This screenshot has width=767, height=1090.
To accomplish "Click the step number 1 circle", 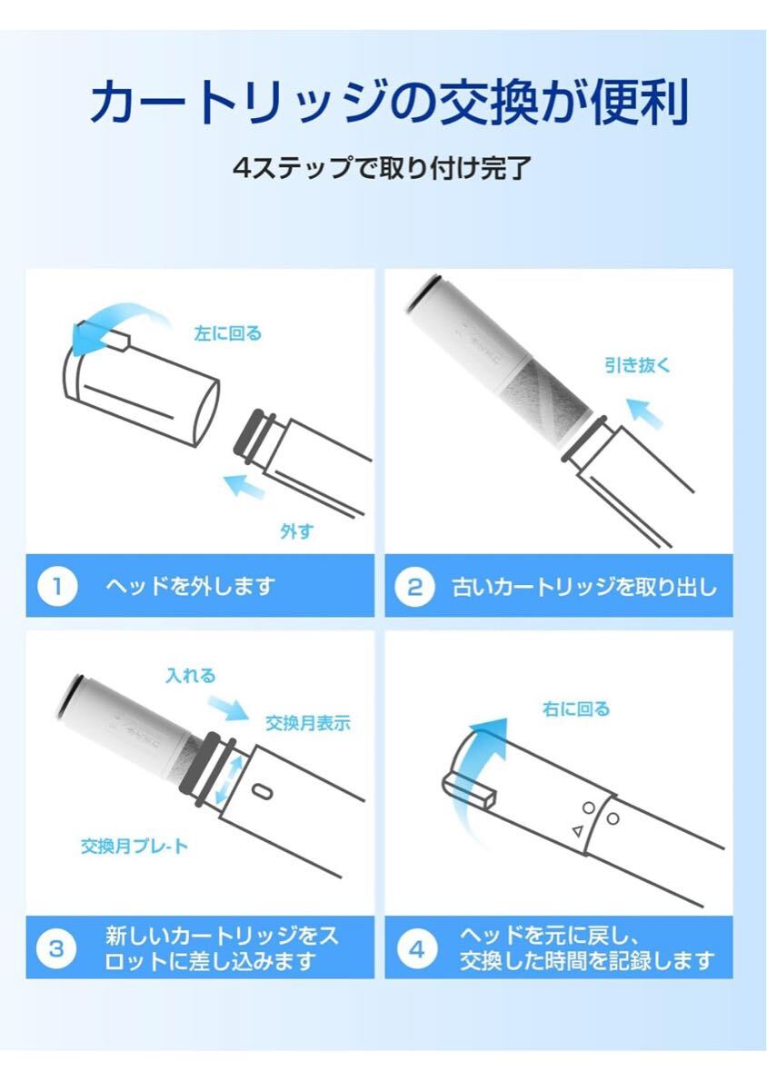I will (x=55, y=586).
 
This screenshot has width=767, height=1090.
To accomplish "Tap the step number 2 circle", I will (x=414, y=586).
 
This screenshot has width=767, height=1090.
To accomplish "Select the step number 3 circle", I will (x=55, y=948).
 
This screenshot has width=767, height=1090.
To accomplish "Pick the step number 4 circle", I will (x=415, y=948).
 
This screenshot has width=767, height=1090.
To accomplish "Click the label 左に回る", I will (x=227, y=333).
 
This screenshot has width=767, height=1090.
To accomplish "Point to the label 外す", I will (x=296, y=531).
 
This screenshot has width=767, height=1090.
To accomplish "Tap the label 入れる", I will (x=191, y=676).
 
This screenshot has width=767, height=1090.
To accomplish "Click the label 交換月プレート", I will (x=134, y=847).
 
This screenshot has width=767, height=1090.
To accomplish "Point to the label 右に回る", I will (x=575, y=708).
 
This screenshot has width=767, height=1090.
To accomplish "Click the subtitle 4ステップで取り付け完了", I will (x=382, y=168).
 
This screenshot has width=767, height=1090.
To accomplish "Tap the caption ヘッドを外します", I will (x=189, y=586).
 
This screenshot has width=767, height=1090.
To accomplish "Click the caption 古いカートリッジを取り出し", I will (x=584, y=586).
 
